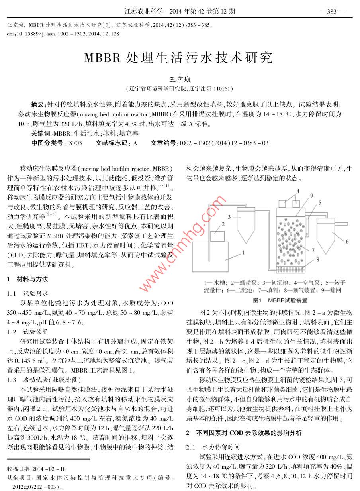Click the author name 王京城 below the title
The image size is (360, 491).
click(x=180, y=80)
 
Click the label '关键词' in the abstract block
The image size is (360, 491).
click(x=41, y=134)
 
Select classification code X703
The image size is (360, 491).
click(x=75, y=143)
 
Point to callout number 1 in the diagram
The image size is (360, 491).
click(x=243, y=252)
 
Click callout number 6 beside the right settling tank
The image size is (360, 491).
click(x=347, y=230)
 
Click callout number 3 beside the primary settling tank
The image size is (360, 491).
click(x=229, y=216)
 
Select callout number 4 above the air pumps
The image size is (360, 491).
click(x=297, y=191)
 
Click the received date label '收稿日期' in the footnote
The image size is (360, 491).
click(x=20, y=469)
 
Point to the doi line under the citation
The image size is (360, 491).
click(x=63, y=34)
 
